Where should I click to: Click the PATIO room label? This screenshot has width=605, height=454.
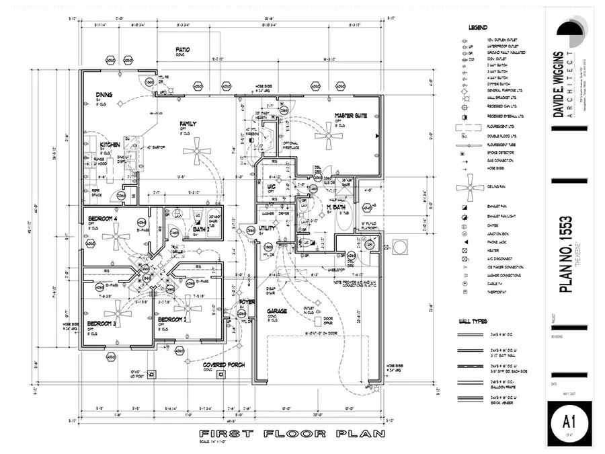(182, 50)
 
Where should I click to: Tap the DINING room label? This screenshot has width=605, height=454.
(104, 95)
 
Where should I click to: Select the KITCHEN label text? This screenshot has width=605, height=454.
(110, 145)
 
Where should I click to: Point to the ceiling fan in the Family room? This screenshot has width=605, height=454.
(197, 151)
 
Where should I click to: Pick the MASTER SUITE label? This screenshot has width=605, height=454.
(351, 116)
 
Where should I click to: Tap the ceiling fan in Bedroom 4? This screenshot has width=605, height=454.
(119, 236)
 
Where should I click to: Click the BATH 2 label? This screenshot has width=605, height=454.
(200, 229)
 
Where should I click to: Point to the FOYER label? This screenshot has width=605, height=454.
(247, 302)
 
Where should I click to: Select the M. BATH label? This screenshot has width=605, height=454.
(336, 206)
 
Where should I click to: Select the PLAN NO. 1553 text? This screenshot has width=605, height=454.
(566, 256)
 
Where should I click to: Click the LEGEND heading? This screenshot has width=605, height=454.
(477, 28)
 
